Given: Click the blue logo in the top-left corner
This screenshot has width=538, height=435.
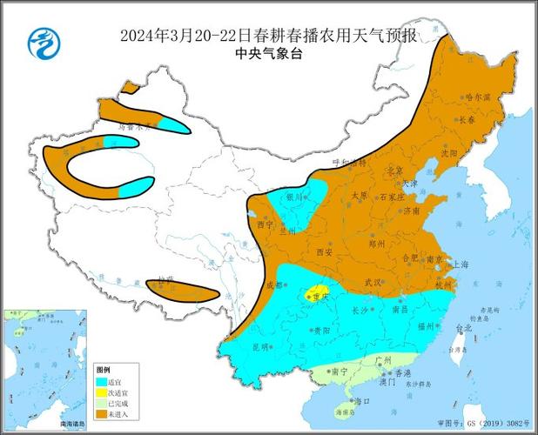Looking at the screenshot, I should [41, 42].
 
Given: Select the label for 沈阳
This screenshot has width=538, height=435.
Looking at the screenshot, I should [449, 152].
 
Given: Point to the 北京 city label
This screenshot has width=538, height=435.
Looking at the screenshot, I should [395, 170].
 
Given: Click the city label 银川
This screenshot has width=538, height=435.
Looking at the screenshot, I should [295, 197].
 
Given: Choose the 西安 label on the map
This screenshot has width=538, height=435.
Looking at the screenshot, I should [325, 252].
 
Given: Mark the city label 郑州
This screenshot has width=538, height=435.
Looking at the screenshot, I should [376, 246].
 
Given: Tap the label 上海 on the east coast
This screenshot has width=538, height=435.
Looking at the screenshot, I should [461, 264].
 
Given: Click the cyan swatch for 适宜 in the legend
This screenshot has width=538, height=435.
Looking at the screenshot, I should [102, 381].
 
